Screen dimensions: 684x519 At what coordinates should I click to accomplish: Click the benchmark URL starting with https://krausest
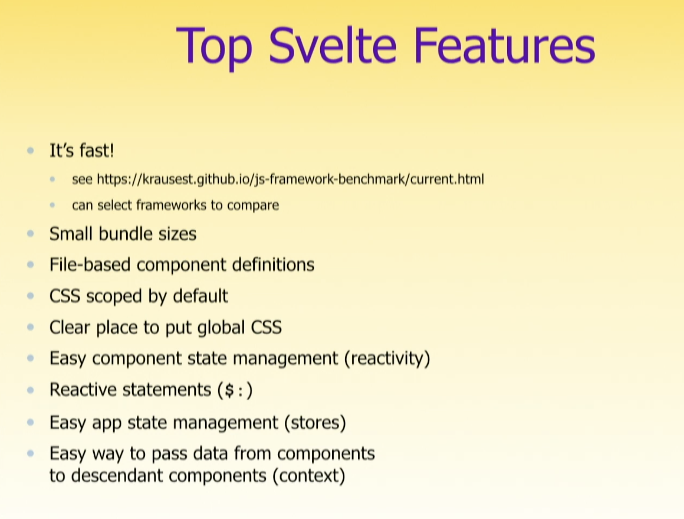(x=290, y=179)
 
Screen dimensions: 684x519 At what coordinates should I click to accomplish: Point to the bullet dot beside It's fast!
(x=31, y=151)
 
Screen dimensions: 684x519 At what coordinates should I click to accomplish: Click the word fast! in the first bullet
(x=97, y=150)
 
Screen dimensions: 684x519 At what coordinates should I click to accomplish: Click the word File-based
(x=90, y=265)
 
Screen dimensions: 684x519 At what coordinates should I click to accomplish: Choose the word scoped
(x=114, y=297)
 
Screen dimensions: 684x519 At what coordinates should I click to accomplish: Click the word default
(x=200, y=296)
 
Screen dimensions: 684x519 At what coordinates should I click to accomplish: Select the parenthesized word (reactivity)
(x=387, y=358)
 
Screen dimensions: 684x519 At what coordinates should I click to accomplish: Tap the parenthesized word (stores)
(x=315, y=422)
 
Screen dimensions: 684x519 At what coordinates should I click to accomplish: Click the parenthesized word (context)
(x=309, y=476)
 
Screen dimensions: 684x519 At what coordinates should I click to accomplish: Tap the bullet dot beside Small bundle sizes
(x=31, y=234)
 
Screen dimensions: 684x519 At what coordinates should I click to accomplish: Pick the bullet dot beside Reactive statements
(x=31, y=390)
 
